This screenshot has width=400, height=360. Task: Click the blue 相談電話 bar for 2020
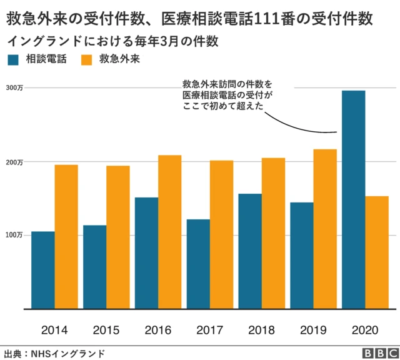pyautogui.click(x=354, y=199)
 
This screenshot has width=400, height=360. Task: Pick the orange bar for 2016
pyautogui.click(x=169, y=231)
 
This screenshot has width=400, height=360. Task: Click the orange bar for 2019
pyautogui.click(x=325, y=229)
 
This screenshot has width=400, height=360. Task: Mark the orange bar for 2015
pyautogui.click(x=117, y=237)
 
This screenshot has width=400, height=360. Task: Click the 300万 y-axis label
pyautogui.click(x=14, y=88)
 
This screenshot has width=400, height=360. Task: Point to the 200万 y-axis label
pyautogui.click(x=14, y=162)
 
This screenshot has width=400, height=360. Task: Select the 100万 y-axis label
pyautogui.click(x=14, y=235)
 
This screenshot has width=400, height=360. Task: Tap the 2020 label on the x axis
pyautogui.click(x=365, y=329)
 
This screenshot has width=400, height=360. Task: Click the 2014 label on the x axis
pyautogui.click(x=54, y=329)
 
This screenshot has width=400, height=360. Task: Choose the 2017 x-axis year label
pyautogui.click(x=210, y=329)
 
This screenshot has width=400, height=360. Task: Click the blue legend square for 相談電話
pyautogui.click(x=14, y=60)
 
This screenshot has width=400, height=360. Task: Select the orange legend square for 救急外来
pyautogui.click(x=87, y=60)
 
